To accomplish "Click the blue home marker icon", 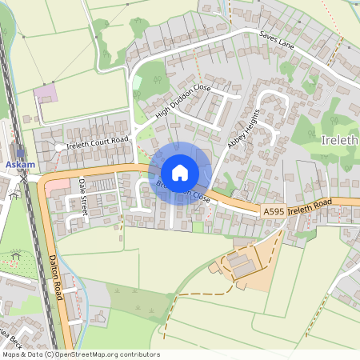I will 180,173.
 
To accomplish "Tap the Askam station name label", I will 20,165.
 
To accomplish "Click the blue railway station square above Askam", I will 20,152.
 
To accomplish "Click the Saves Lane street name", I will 277,42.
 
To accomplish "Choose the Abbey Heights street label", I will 244,129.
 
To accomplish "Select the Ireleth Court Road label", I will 98,141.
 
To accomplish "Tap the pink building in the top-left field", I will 46,93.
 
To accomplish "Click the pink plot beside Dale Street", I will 58,186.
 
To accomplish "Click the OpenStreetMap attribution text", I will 80,354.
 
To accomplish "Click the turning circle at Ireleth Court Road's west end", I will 60,147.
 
